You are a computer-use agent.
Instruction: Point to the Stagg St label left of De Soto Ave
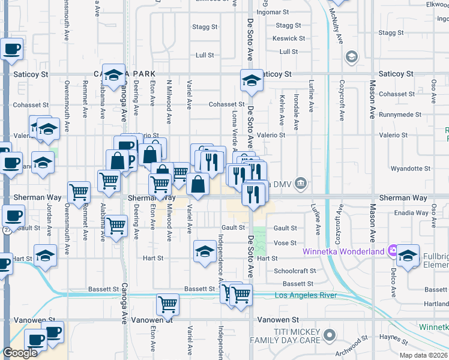[205, 27]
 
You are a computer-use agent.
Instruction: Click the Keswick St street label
[285, 38]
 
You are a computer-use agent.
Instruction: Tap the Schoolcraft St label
[295, 271]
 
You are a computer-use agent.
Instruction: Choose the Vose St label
[285, 243]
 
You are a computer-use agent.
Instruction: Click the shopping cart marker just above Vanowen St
[167, 304]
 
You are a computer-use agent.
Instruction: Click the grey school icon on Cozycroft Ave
[351, 57]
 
